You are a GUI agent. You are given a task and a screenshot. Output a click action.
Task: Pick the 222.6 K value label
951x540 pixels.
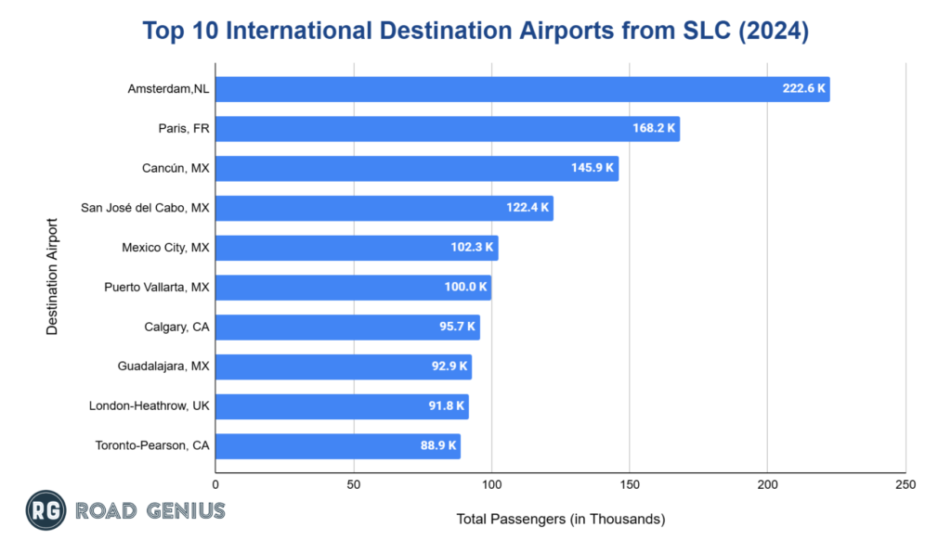pyautogui.click(x=803, y=90)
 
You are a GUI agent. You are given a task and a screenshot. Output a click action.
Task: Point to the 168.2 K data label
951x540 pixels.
pyautogui.click(x=654, y=129)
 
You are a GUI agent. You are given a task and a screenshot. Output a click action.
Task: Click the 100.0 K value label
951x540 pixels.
pyautogui.click(x=465, y=288)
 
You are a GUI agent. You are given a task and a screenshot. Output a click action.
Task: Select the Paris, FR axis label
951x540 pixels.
pyautogui.click(x=184, y=129)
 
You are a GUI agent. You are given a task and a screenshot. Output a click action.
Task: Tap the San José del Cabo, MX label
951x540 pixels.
pyautogui.click(x=149, y=208)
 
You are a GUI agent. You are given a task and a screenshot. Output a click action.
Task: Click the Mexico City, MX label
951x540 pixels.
pyautogui.click(x=165, y=248)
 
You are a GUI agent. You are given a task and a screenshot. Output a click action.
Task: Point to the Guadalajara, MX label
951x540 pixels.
pyautogui.click(x=163, y=366)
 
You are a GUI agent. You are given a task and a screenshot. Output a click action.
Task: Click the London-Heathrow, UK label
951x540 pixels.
pyautogui.click(x=150, y=406)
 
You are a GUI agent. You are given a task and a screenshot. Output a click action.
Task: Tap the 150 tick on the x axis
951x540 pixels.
pyautogui.click(x=630, y=484)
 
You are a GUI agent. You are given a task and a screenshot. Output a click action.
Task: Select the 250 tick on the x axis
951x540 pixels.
pyautogui.click(x=905, y=484)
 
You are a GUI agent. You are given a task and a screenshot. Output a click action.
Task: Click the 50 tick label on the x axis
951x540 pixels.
pyautogui.click(x=354, y=484)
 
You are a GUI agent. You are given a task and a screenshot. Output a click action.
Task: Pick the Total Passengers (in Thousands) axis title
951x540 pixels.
pyautogui.click(x=561, y=519)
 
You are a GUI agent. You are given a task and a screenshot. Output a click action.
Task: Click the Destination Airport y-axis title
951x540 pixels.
pyautogui.click(x=52, y=276)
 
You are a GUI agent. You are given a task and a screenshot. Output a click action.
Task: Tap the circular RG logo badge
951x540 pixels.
pyautogui.click(x=45, y=510)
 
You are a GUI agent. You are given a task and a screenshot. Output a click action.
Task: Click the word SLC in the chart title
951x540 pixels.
pyautogui.click(x=697, y=31)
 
